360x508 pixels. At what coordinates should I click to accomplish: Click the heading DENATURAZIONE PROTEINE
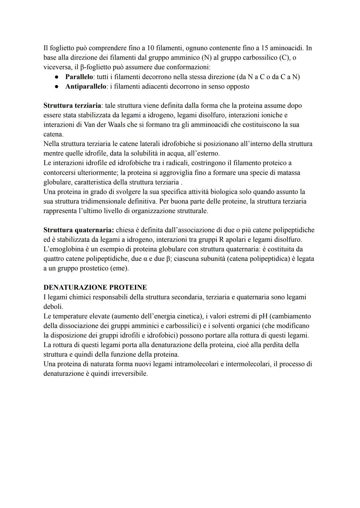click(95, 287)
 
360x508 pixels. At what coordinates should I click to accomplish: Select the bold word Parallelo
click(79, 77)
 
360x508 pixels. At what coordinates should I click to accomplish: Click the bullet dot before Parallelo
click(57, 77)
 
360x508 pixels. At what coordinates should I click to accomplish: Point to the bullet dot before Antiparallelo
click(57, 87)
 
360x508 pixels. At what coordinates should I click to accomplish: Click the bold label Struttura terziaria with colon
click(73, 106)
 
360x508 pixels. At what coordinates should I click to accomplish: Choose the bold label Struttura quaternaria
click(79, 230)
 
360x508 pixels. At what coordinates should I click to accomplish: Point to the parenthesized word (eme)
click(119, 268)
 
